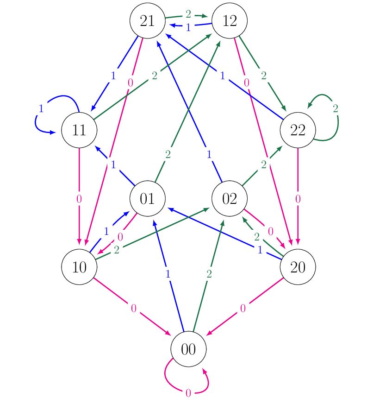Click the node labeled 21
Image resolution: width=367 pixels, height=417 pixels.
pos(148,21)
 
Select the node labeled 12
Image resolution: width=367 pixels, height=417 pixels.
pos(230,21)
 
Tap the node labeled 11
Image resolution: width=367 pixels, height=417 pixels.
pos(79,130)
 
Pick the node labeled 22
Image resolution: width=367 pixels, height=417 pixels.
pos(298,130)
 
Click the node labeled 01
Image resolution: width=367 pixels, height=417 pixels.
pos(148,199)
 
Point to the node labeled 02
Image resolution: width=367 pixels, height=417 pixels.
pos(230,199)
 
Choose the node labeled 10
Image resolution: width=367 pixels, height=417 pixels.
pos(79,267)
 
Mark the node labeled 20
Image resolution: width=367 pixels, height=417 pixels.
pos(298,267)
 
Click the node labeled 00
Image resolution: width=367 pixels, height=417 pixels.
pos(188,349)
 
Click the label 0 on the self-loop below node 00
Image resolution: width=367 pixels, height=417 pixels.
pos(188,393)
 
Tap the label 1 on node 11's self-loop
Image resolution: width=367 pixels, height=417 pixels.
pos(41,109)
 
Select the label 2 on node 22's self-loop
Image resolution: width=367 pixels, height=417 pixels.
pos(336,109)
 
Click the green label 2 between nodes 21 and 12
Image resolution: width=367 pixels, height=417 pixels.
pos(188,14)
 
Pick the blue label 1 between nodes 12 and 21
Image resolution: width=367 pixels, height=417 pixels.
pos(188,28)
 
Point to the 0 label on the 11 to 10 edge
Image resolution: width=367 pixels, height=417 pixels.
pos(79,199)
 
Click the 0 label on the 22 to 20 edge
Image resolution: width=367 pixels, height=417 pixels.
pos(298,199)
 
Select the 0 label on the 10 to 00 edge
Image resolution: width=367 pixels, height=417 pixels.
pos(134,308)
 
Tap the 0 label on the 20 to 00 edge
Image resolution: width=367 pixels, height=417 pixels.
pos(243,308)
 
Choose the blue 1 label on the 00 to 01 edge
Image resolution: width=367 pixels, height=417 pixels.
pos(168,274)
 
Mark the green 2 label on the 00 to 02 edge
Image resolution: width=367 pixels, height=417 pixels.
pos(209,274)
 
